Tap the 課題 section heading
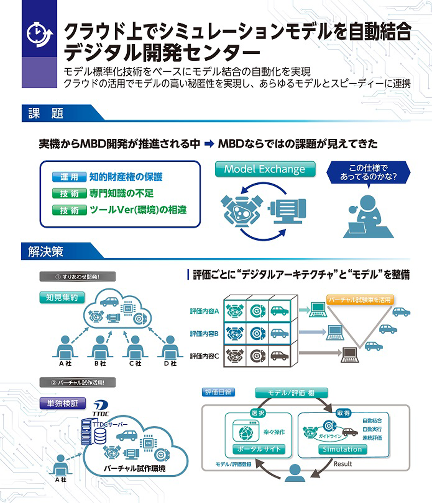(x=46, y=114)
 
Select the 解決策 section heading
(x=46, y=251)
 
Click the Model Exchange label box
(x=265, y=169)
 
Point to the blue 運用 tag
(x=69, y=177)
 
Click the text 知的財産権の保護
(x=126, y=177)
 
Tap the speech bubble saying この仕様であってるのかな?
(x=368, y=172)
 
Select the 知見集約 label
(x=62, y=297)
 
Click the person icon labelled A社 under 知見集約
(x=66, y=346)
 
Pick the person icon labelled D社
(x=170, y=346)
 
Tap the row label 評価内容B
(x=204, y=334)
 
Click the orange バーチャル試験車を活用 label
(x=360, y=300)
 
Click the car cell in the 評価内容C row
(x=279, y=356)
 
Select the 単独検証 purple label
(x=62, y=403)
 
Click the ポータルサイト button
(x=258, y=449)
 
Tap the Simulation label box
(x=342, y=449)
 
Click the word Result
(x=343, y=464)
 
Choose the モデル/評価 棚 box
(x=291, y=393)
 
